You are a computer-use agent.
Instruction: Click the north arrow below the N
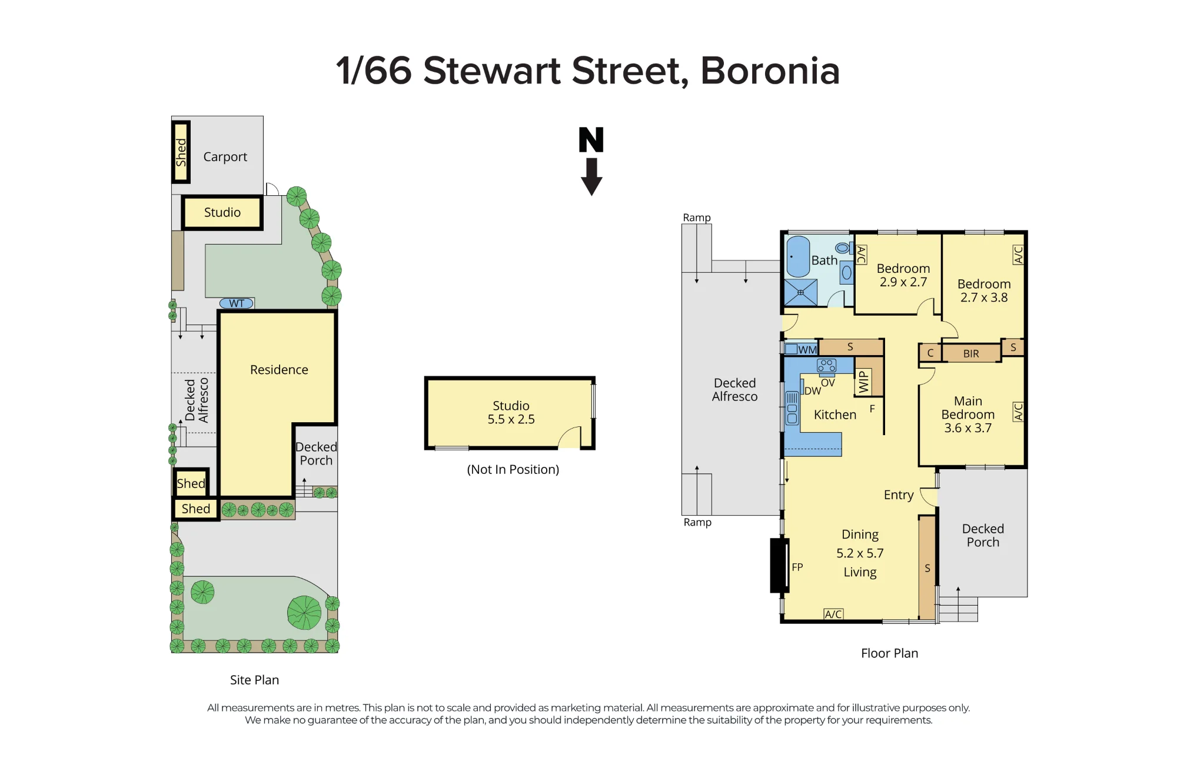click(591, 177)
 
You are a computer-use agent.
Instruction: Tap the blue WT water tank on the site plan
click(237, 303)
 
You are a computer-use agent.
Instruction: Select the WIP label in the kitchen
click(863, 382)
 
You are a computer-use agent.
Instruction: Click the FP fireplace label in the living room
click(797, 567)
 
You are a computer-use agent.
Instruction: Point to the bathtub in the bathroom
click(798, 257)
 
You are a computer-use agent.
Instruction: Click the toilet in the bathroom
click(843, 248)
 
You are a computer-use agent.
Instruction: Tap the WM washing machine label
click(807, 350)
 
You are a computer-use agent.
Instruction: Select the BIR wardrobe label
click(971, 354)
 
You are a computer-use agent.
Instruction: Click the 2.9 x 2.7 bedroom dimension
click(903, 282)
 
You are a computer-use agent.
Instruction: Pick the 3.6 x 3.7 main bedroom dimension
click(968, 428)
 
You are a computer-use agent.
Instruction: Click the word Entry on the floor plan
click(899, 495)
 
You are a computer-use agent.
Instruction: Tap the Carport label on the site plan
click(225, 157)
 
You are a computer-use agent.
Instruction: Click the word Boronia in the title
click(770, 71)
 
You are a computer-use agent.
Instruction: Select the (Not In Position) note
click(513, 469)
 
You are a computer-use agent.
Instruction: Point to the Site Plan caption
click(254, 680)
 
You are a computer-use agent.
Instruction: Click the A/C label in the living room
click(833, 614)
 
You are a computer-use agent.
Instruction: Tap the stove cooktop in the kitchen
click(827, 366)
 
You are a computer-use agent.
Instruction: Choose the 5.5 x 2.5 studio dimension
click(511, 419)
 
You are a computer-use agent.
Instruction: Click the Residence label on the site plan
click(279, 370)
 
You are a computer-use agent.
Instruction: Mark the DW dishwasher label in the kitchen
click(813, 391)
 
